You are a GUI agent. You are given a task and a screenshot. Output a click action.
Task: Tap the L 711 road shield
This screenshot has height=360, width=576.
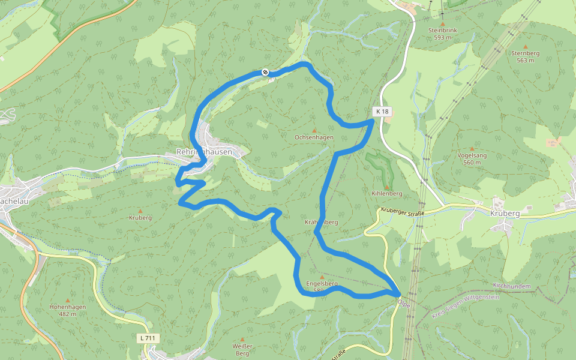(148, 338)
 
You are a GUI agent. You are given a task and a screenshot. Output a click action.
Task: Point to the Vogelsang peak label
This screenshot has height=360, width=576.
(472, 155)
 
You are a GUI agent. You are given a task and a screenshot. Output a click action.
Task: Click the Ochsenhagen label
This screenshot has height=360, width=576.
(314, 137)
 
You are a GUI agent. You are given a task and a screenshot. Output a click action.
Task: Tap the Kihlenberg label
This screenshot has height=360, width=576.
(386, 194)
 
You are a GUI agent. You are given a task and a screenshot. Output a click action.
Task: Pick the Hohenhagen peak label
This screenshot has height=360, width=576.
(67, 307)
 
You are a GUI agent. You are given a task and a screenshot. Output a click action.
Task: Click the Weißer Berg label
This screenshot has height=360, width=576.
(242, 350)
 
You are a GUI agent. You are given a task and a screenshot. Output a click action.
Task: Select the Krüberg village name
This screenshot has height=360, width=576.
(504, 213)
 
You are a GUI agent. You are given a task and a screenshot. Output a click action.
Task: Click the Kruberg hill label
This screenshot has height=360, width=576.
(140, 218)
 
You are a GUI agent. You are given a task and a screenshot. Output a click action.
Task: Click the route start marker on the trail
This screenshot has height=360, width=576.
(265, 73)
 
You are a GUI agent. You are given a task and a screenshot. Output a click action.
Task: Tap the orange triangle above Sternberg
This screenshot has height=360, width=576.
(526, 46)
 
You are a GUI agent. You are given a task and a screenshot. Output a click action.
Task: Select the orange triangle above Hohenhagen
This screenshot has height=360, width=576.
(67, 300)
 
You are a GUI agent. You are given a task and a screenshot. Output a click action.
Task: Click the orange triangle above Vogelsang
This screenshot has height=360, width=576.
(472, 148)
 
